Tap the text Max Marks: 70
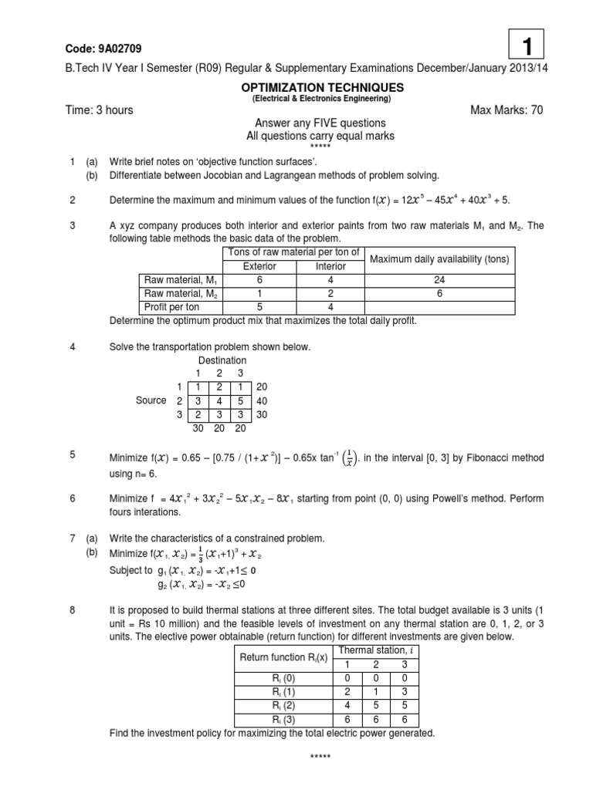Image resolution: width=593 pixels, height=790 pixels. click(507, 110)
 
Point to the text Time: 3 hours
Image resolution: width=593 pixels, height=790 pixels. click(98, 110)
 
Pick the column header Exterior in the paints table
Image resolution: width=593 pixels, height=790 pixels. click(259, 266)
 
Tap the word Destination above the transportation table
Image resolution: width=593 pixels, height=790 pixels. click(222, 360)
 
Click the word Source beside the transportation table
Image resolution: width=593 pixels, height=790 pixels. click(151, 400)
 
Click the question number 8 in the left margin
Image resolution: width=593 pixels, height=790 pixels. click(73, 610)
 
